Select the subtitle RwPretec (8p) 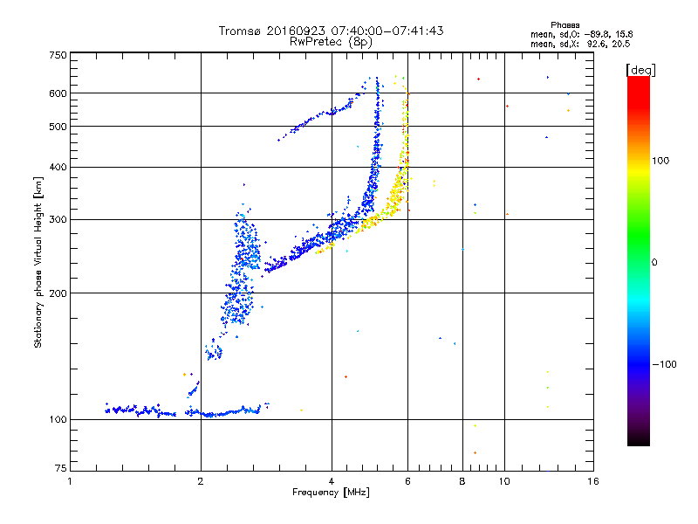331,41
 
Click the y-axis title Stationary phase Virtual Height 38,263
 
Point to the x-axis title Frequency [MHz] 331,493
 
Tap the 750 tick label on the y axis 58,54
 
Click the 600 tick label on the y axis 58,93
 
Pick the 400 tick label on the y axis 58,167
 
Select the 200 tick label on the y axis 58,293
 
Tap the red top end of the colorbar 638,80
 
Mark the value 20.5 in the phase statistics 620,44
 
